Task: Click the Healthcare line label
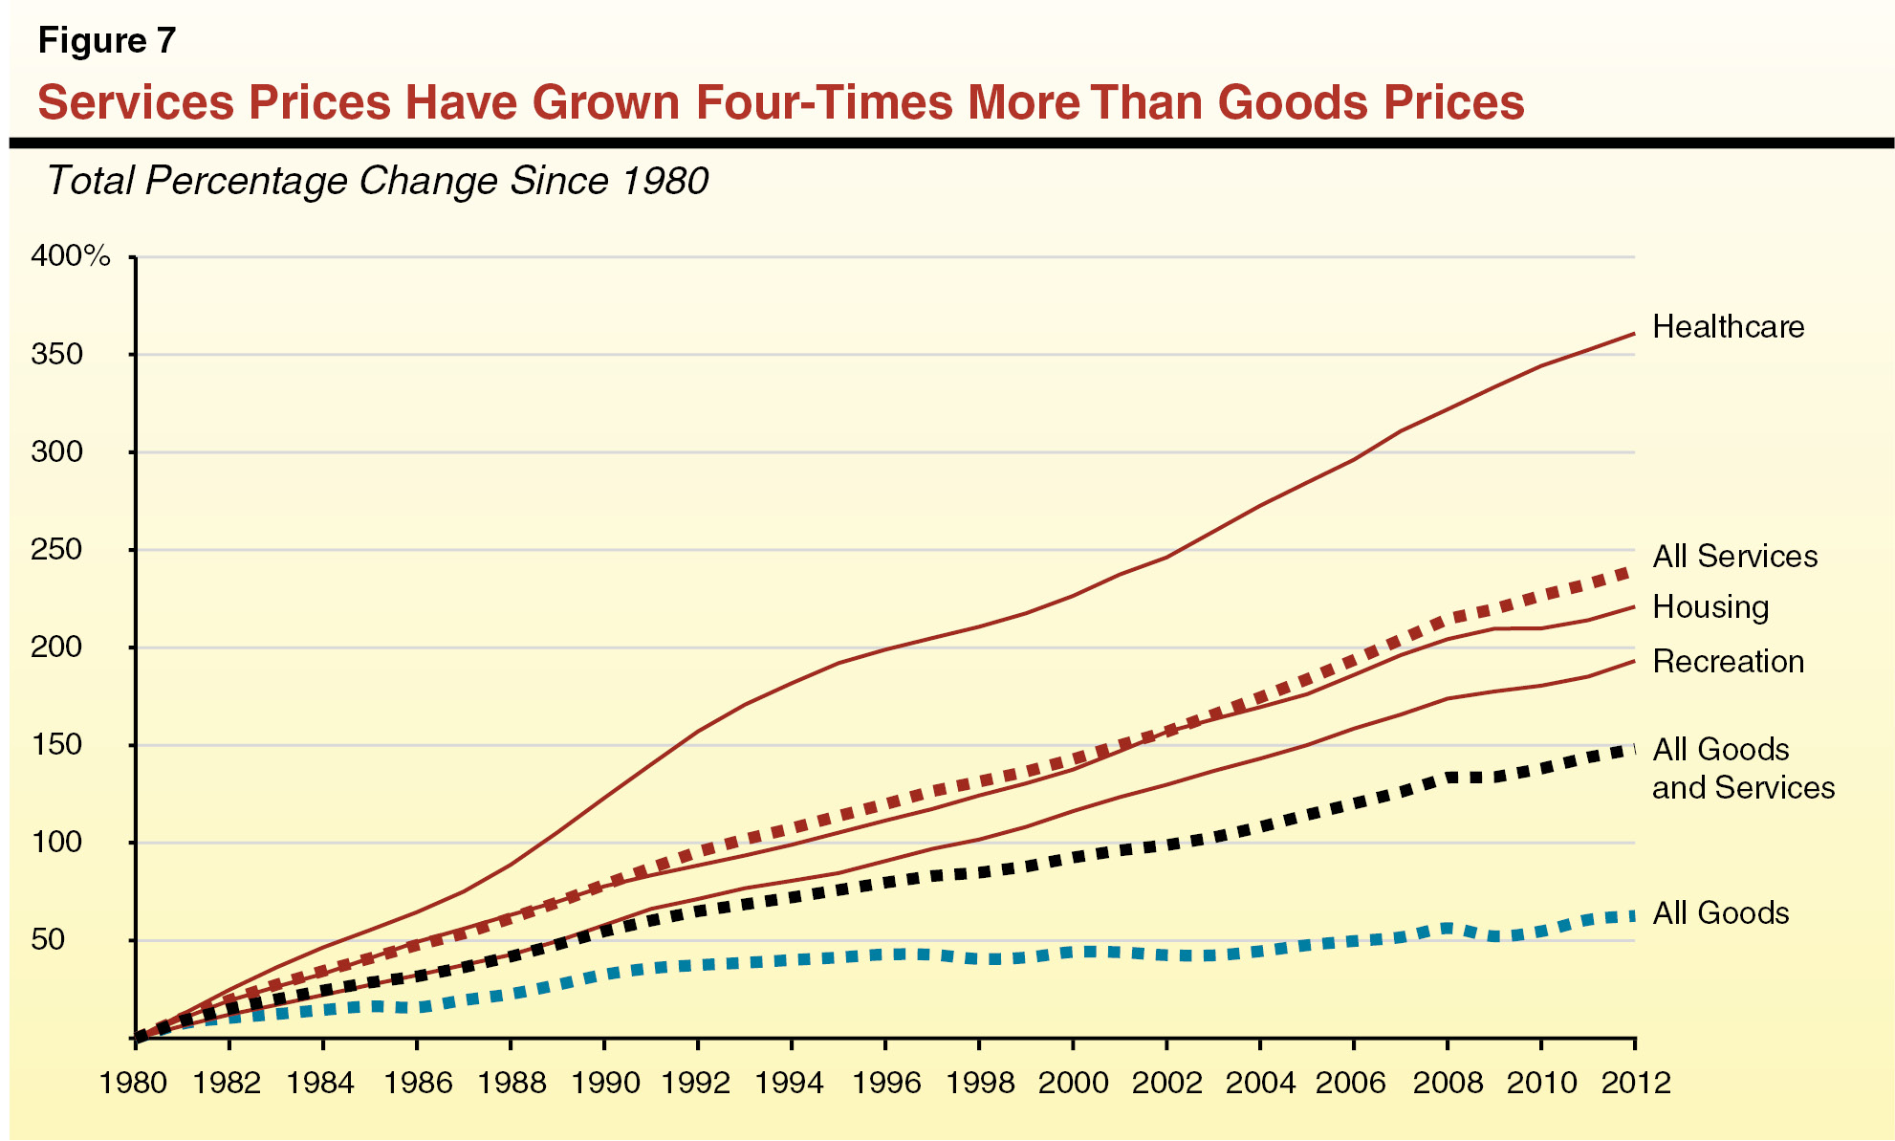click(x=1728, y=327)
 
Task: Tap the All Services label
click(x=1734, y=557)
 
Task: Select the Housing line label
click(x=1710, y=607)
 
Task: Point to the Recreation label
click(x=1728, y=662)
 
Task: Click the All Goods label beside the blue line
click(x=1720, y=913)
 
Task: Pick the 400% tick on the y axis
click(x=71, y=256)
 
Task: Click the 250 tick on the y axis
click(x=57, y=550)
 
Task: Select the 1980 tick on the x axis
click(x=133, y=1083)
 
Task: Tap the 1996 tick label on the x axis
click(x=884, y=1083)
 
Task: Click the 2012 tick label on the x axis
click(x=1636, y=1083)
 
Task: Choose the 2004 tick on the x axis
click(x=1260, y=1083)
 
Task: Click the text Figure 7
click(x=107, y=41)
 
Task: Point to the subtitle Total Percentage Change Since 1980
click(x=377, y=181)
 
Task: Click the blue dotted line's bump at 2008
click(x=1447, y=928)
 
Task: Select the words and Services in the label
click(x=1743, y=788)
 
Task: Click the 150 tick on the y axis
click(x=57, y=745)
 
